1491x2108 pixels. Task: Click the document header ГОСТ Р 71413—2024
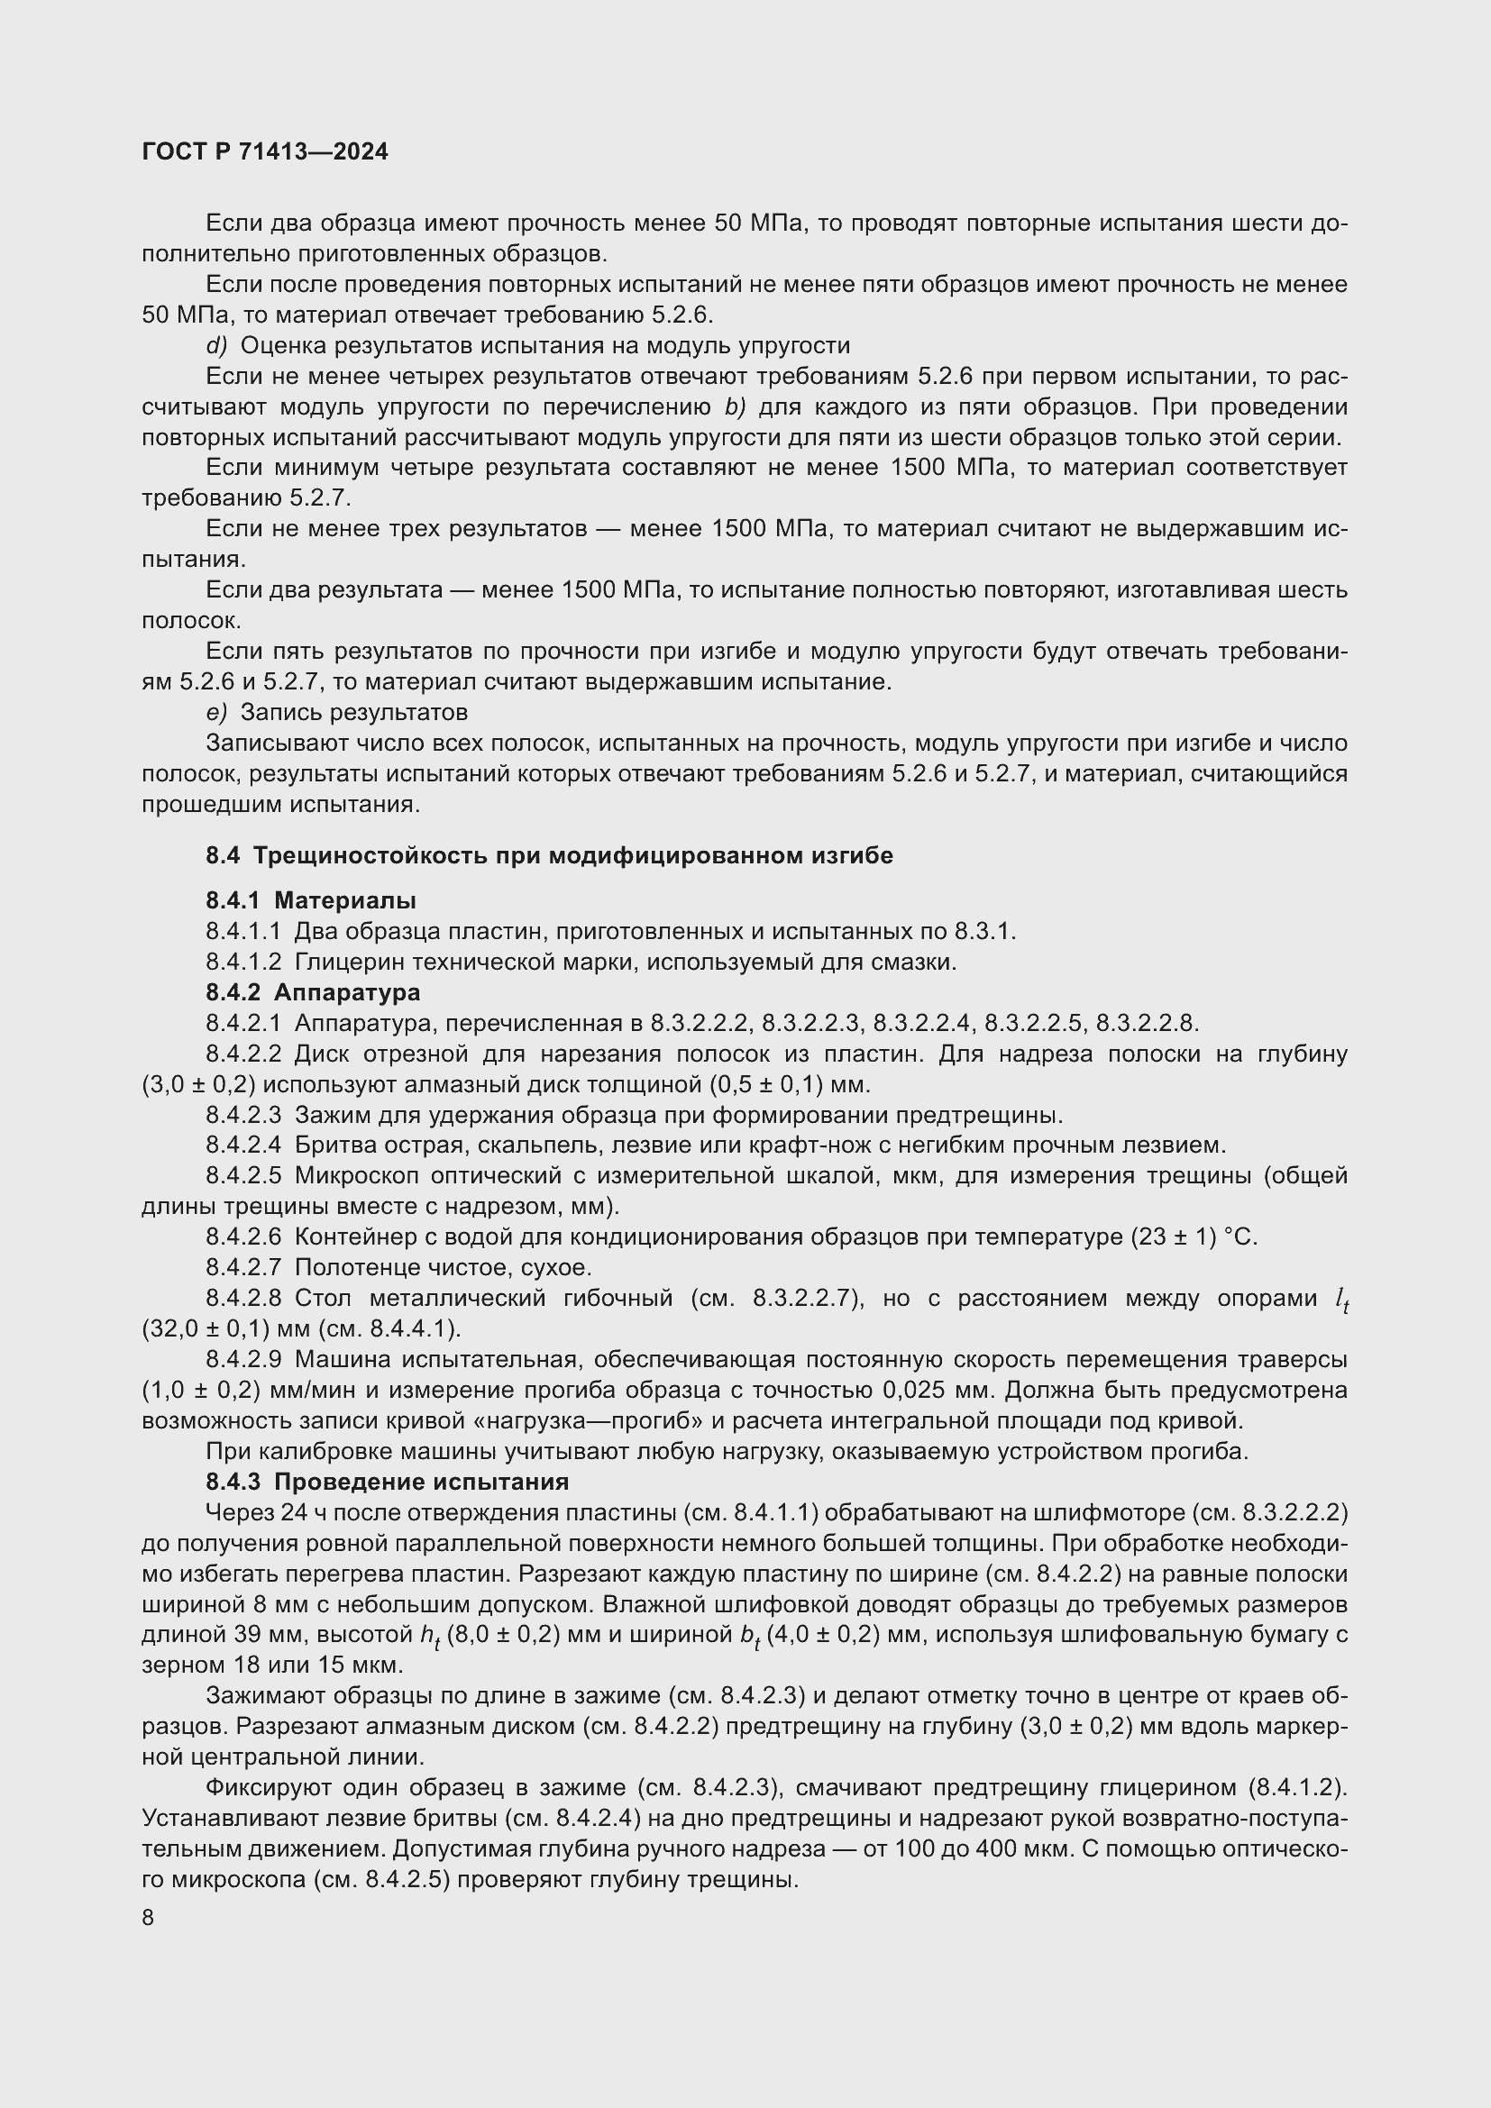(x=265, y=152)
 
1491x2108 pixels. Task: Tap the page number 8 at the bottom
(x=148, y=1918)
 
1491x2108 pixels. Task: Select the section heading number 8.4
(x=222, y=855)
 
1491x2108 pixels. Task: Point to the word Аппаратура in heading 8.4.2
(x=347, y=991)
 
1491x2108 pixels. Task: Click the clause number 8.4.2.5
(x=242, y=1175)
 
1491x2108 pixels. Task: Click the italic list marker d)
(x=215, y=345)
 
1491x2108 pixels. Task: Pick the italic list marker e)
(x=215, y=712)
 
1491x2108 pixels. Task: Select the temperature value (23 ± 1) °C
(x=1189, y=1237)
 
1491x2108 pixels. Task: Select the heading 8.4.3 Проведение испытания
(x=387, y=1481)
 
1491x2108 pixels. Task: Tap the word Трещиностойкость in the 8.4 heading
(x=369, y=855)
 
